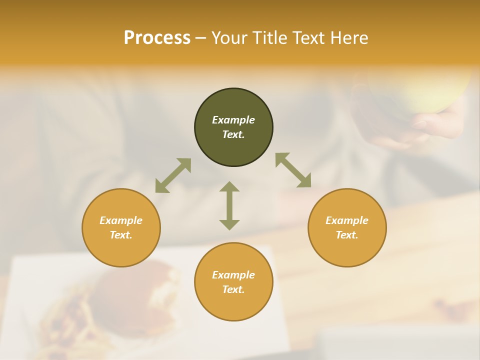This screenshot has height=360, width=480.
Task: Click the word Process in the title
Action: point(157,38)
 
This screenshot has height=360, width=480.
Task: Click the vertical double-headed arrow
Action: point(229,205)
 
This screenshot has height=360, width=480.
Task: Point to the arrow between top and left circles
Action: point(173,175)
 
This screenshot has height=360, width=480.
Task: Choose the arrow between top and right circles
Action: point(293,170)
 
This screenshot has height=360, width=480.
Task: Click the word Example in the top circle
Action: point(233,120)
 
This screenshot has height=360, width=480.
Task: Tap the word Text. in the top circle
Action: point(233,134)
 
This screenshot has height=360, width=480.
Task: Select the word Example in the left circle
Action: point(121,220)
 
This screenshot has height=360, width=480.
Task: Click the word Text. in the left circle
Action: point(121,235)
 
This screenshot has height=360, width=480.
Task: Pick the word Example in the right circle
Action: point(347,220)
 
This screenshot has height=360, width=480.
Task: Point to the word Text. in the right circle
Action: point(347,235)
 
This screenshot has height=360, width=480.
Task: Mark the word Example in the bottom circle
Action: point(233,275)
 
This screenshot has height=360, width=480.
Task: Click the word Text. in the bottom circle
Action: point(233,289)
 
